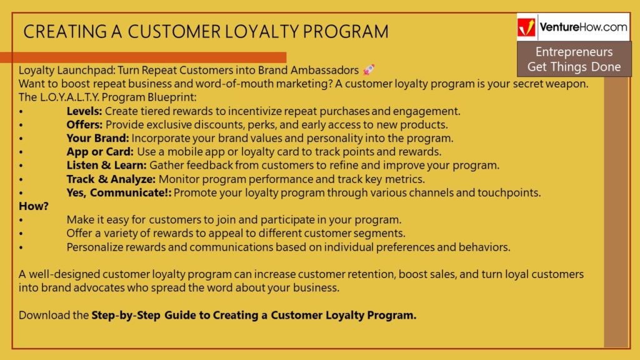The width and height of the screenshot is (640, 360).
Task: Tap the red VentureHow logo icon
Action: tap(526, 27)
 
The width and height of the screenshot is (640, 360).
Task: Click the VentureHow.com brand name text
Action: tap(583, 27)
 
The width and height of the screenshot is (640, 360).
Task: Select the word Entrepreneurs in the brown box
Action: tap(574, 52)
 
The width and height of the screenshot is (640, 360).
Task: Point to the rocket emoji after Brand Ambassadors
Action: tap(369, 70)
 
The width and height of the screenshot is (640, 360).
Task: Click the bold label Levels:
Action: tap(84, 111)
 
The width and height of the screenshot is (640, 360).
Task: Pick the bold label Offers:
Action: tap(84, 124)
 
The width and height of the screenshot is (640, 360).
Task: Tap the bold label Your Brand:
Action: tap(97, 138)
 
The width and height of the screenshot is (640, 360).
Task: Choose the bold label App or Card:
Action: tap(100, 152)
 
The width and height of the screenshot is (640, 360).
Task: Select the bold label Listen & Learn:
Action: tap(106, 165)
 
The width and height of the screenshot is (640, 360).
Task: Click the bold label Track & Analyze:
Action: tap(111, 179)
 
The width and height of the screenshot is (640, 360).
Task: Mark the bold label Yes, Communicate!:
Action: tap(119, 192)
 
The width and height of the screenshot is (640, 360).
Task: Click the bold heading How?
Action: tap(34, 206)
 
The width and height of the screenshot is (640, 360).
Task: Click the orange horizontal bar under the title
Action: tap(143, 57)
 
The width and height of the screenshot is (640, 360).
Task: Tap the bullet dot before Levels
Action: tap(21, 111)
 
